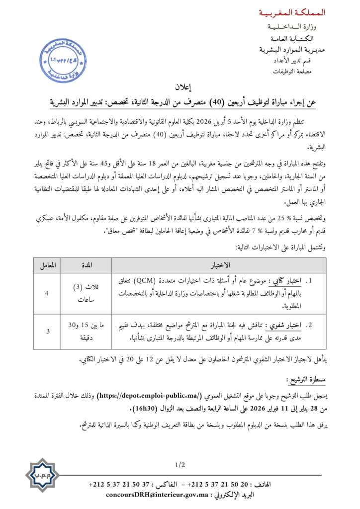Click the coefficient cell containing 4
[47, 294]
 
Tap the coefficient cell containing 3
[47, 330]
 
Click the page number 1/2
[180, 465]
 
